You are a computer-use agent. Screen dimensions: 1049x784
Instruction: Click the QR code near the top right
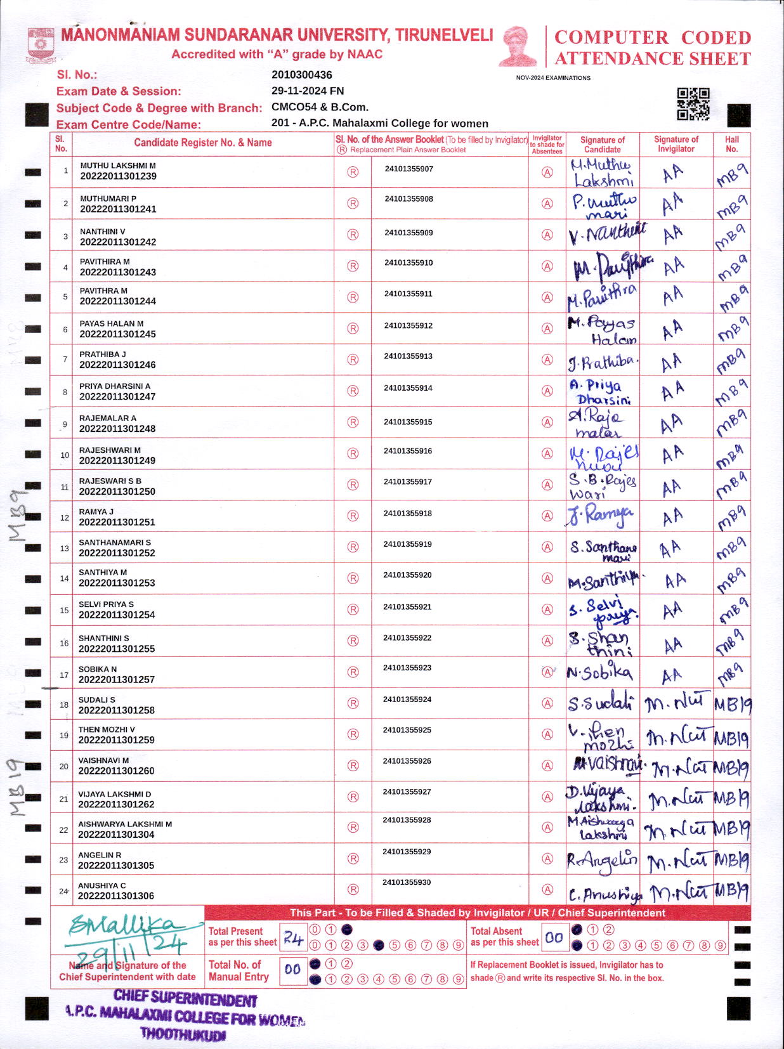[x=693, y=104]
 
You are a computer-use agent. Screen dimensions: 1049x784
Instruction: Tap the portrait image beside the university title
[x=518, y=46]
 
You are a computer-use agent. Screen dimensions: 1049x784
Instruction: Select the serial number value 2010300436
[x=301, y=75]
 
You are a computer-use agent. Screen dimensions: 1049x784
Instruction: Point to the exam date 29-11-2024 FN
[x=308, y=91]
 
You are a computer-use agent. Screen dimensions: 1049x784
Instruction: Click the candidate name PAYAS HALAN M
[x=112, y=323]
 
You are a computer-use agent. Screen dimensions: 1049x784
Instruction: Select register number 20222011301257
[x=117, y=679]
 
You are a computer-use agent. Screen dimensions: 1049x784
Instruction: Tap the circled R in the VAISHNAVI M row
[x=353, y=766]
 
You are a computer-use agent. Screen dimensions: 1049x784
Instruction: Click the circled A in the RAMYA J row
[x=547, y=516]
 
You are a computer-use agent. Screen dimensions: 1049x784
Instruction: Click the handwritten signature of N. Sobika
[x=599, y=673]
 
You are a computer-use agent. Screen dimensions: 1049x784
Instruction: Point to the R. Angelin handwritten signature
[x=601, y=859]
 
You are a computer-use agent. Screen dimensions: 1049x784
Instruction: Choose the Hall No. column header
[x=731, y=144]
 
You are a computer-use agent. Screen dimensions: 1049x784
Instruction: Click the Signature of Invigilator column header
[x=676, y=144]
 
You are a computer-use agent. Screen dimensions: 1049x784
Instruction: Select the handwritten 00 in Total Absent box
[x=554, y=937]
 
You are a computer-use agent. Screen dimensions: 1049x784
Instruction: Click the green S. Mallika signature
[x=127, y=927]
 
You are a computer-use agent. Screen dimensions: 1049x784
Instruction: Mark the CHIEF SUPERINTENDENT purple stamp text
[x=185, y=1000]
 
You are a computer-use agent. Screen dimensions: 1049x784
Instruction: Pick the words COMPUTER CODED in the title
[x=653, y=37]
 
